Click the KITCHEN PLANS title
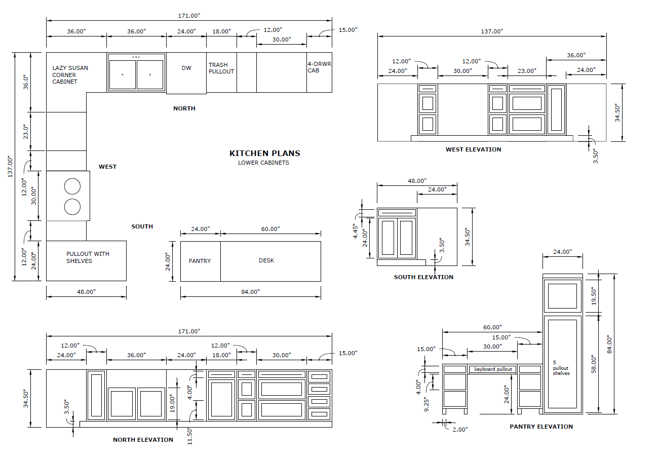pos(265,154)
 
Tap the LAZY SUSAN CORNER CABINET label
pos(70,75)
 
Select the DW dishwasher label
pos(186,68)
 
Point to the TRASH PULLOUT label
pos(221,68)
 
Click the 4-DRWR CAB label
pos(319,67)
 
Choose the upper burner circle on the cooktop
pos(72,186)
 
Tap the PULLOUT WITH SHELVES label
pos(88,257)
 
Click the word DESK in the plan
pos(266,260)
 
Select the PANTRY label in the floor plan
pos(200,261)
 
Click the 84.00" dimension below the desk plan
pos(250,292)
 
